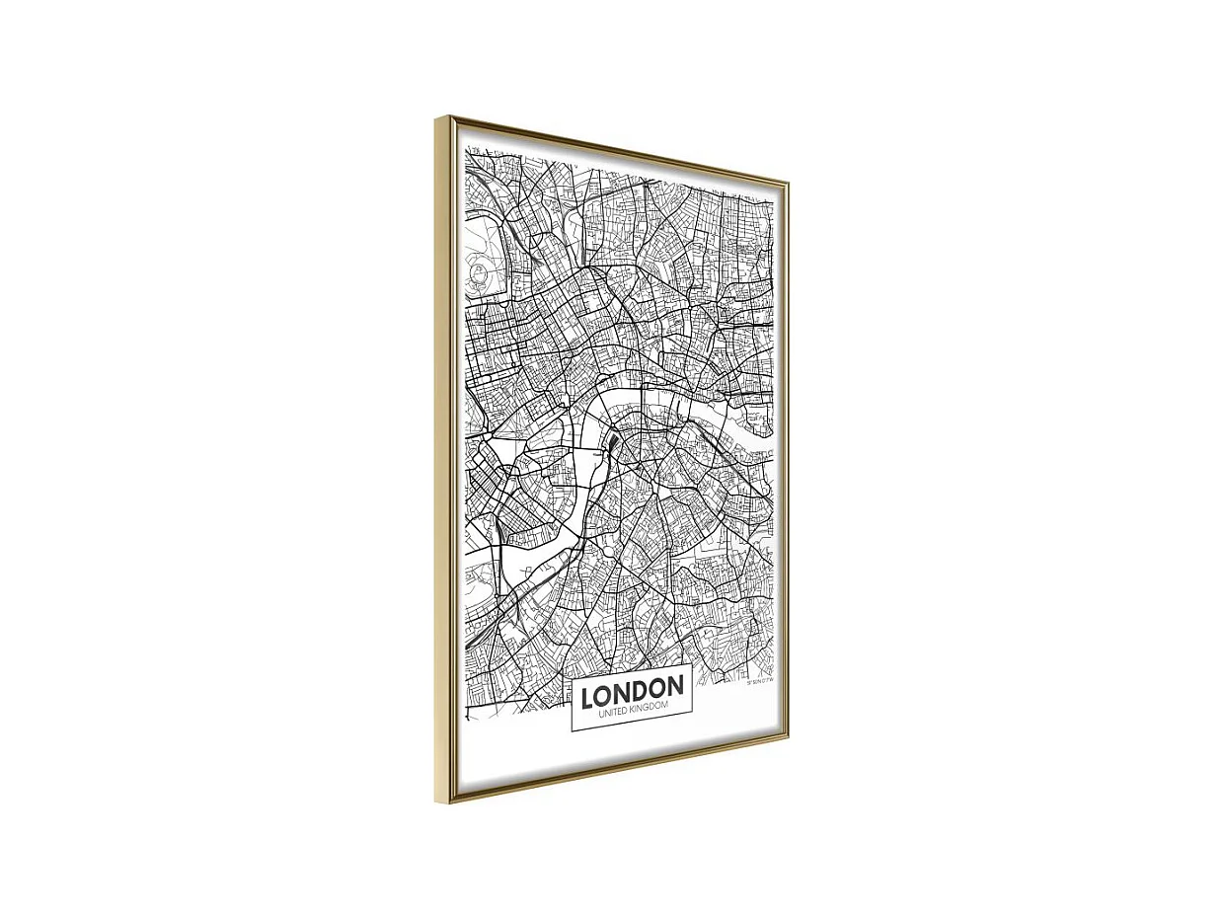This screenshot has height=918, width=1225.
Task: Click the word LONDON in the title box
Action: (632, 692)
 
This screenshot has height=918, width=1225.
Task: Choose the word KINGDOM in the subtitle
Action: (648, 707)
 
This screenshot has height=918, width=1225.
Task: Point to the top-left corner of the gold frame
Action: (436, 118)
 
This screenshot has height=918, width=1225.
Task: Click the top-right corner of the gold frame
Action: (787, 182)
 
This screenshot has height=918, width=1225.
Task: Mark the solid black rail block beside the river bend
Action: (612, 446)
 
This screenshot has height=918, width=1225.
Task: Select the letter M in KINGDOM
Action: (665, 704)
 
